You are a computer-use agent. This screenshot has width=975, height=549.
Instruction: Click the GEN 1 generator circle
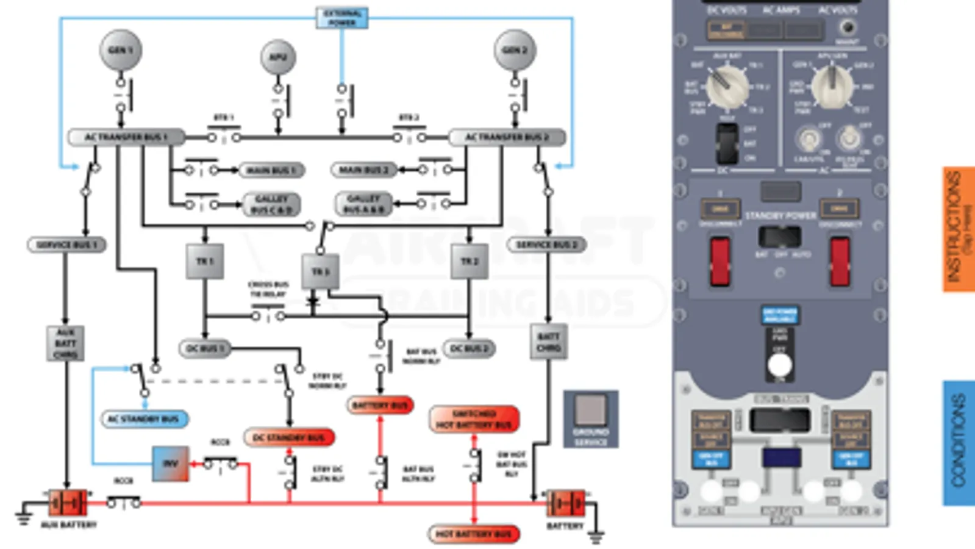121,50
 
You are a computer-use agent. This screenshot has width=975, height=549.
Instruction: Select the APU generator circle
278,57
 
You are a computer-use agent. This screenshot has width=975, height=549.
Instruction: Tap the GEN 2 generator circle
515,50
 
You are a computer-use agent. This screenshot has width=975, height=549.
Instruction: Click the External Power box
342,18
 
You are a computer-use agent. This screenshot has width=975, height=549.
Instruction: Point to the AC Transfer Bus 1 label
126,137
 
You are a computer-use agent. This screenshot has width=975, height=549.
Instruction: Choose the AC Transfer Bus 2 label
507,137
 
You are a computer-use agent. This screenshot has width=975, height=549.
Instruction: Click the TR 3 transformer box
320,271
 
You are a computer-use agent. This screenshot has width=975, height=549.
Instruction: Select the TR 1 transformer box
204,261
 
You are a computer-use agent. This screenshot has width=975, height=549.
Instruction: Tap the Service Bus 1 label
66,245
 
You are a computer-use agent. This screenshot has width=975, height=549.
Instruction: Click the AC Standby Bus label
144,419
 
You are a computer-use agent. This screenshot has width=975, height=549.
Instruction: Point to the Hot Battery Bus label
474,534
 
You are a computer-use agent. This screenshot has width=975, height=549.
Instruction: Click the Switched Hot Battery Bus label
474,419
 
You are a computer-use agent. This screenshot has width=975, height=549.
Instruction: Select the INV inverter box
170,464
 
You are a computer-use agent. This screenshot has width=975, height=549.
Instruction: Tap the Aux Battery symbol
68,503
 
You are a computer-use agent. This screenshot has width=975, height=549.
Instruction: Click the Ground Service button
590,419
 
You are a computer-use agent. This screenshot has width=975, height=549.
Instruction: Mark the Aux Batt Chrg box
65,343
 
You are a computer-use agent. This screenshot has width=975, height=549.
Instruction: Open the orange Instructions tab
959,229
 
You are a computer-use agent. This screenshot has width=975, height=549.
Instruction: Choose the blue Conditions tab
959,443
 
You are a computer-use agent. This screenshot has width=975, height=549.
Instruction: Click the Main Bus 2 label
363,170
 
